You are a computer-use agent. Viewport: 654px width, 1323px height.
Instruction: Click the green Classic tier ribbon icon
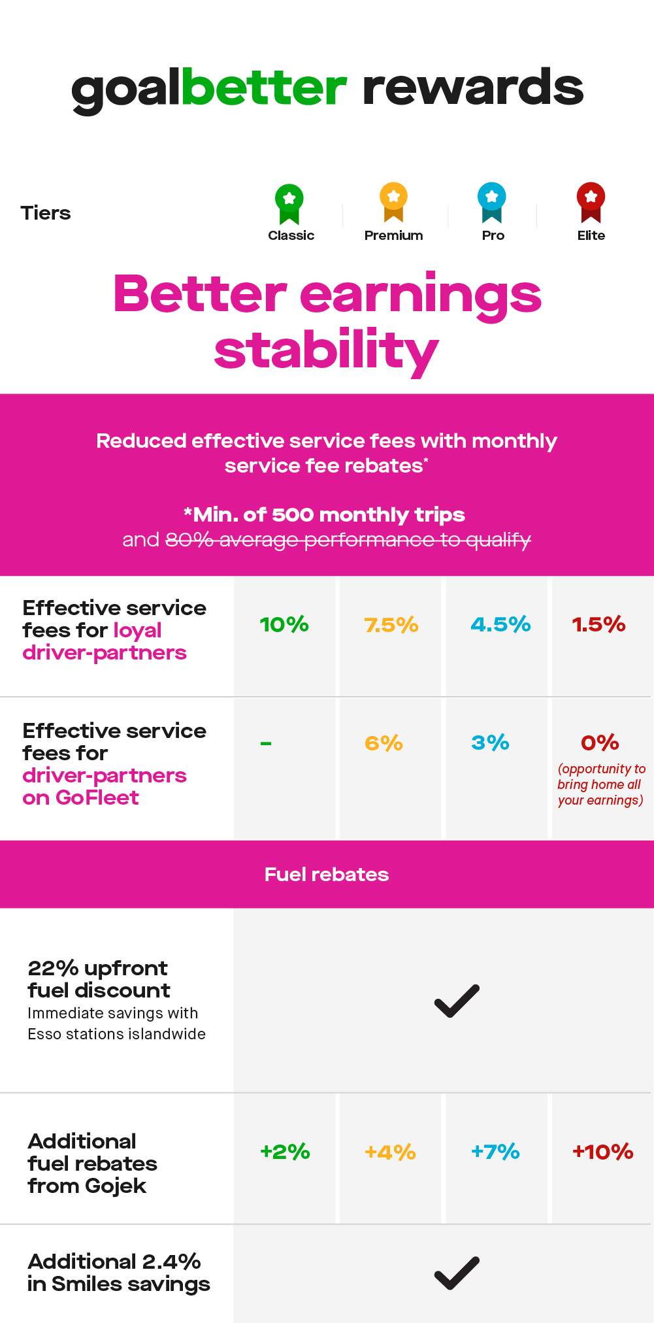pyautogui.click(x=289, y=203)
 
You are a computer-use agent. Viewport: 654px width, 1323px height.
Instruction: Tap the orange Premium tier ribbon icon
pyautogui.click(x=393, y=201)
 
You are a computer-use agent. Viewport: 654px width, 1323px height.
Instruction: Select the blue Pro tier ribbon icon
pyautogui.click(x=492, y=201)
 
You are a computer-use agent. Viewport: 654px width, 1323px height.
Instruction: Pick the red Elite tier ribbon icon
pyautogui.click(x=591, y=201)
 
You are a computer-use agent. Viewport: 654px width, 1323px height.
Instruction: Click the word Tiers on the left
pyautogui.click(x=46, y=213)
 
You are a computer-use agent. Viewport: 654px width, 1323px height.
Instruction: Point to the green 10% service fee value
pyautogui.click(x=284, y=624)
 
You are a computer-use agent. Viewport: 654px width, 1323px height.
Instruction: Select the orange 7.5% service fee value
pyautogui.click(x=391, y=625)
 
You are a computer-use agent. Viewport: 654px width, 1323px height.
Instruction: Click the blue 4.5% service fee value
pyautogui.click(x=500, y=624)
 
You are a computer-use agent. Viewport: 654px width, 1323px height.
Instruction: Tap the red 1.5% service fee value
pyautogui.click(x=598, y=624)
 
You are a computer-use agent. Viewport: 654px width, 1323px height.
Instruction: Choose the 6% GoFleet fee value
pyautogui.click(x=384, y=743)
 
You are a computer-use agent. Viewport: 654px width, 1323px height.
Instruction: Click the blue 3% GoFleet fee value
pyautogui.click(x=490, y=743)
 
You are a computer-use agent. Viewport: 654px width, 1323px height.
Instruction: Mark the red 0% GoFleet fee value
pyautogui.click(x=600, y=743)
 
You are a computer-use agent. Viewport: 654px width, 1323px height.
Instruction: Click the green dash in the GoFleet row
pyautogui.click(x=266, y=743)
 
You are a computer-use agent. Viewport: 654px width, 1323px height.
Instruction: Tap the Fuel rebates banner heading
pyautogui.click(x=327, y=875)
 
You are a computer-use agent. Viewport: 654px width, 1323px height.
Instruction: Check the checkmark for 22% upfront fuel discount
pyautogui.click(x=457, y=1001)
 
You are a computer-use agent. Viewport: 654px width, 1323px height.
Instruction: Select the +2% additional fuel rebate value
pyautogui.click(x=285, y=1151)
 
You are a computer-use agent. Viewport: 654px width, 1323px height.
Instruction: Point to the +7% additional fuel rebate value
pyautogui.click(x=495, y=1151)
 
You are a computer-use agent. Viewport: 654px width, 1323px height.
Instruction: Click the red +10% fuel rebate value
pyautogui.click(x=602, y=1151)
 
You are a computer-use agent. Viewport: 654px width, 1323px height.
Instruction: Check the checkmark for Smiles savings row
pyautogui.click(x=457, y=1273)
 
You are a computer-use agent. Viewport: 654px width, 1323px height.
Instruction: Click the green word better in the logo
pyautogui.click(x=264, y=88)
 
